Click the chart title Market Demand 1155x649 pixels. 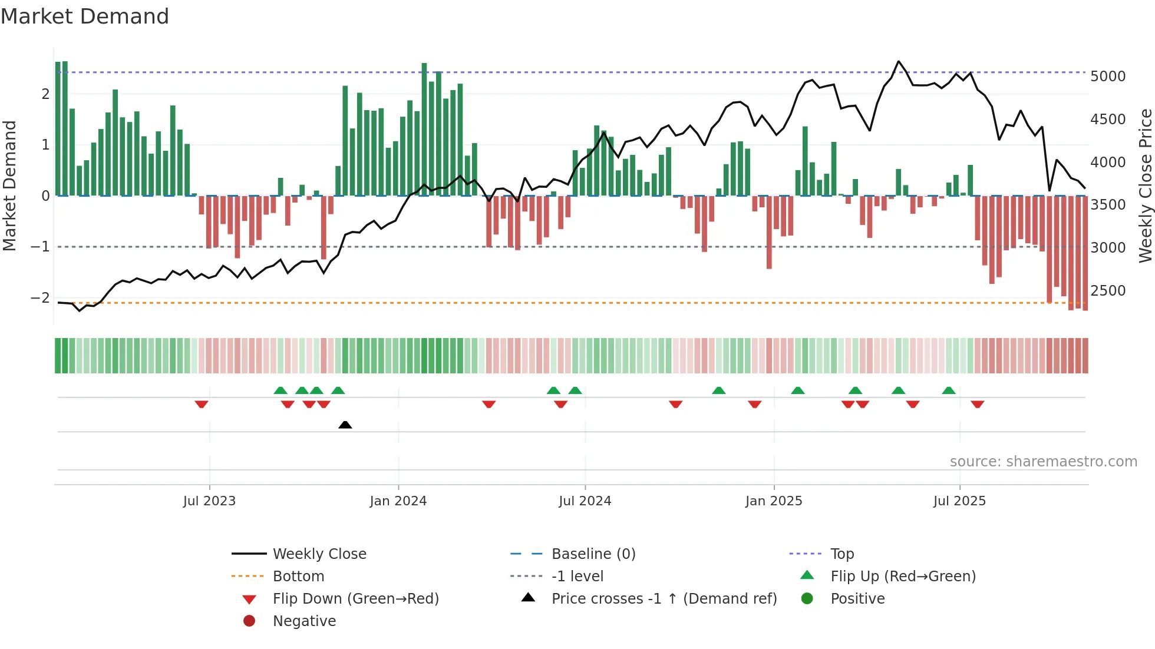85,16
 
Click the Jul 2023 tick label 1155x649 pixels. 209,501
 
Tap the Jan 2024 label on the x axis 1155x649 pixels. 398,501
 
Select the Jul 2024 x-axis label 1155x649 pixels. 585,501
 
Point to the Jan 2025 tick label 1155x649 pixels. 774,501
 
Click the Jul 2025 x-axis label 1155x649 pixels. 959,501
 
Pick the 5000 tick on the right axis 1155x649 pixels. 1108,77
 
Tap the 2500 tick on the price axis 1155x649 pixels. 1108,291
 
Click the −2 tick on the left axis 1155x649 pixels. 41,298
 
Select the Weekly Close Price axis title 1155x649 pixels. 1145,186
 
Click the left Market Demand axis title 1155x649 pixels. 9,186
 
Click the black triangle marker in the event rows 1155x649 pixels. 345,425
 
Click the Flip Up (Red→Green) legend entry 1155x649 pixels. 903,577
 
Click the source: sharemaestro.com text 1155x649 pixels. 1043,462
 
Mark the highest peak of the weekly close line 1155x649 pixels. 899,61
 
